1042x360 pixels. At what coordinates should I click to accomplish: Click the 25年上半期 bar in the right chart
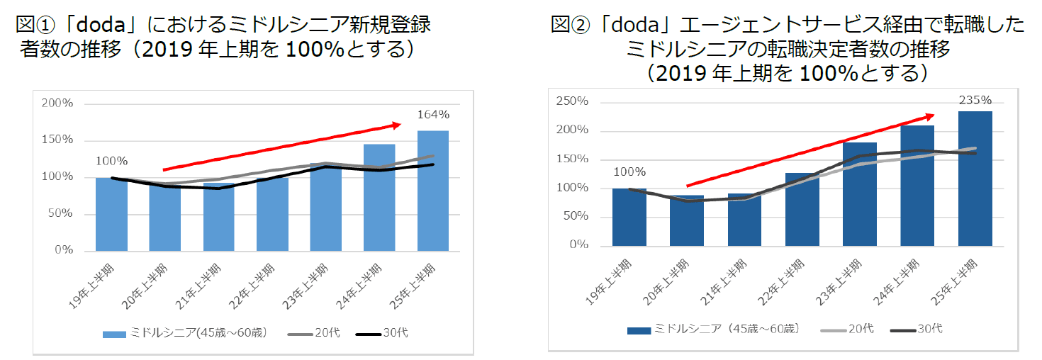975,178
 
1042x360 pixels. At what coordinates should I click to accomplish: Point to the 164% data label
432,114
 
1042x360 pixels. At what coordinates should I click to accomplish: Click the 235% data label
975,100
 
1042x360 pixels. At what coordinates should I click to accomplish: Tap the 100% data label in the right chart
629,171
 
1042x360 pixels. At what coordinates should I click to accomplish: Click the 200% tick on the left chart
57,103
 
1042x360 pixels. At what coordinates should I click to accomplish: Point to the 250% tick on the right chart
573,101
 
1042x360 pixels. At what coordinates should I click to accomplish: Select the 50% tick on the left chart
60,214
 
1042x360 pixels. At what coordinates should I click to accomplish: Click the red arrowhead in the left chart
396,125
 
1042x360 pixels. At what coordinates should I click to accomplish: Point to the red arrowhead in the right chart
929,116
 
